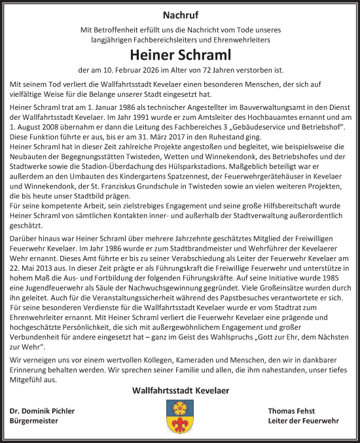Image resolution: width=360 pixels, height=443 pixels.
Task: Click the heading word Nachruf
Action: coord(179,14)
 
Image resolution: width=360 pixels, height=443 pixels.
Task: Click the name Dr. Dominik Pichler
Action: coord(43,411)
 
